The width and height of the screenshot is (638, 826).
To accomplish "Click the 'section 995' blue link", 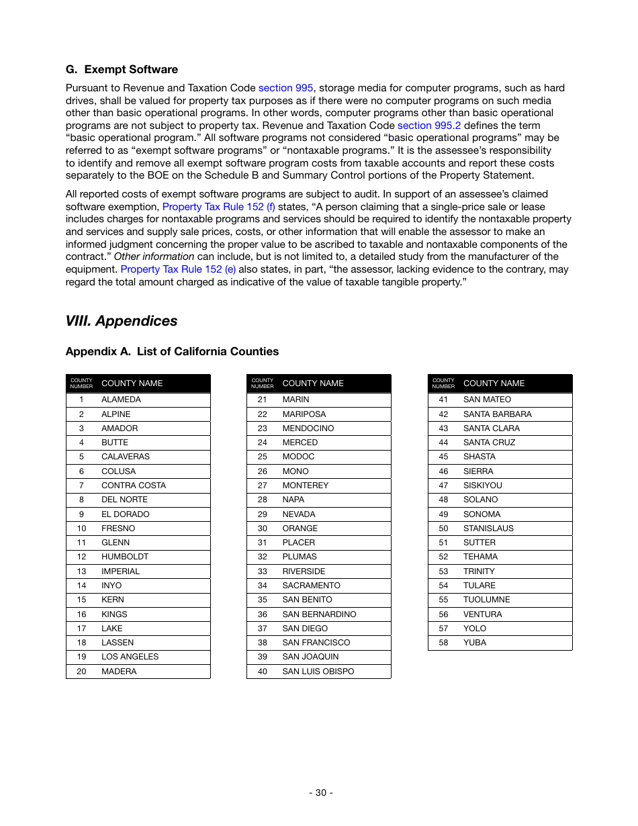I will coord(285,88).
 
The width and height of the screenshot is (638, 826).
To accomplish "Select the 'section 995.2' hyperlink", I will coord(428,126).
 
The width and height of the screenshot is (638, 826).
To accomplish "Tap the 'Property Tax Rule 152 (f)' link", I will coord(218,207).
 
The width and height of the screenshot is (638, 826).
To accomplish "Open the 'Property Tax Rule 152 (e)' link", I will coord(178,269).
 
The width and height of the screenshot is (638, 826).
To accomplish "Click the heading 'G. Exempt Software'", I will coord(122,70).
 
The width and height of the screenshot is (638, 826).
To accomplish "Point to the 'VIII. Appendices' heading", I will coord(122,321).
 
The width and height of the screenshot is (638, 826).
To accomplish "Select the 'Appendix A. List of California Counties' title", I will coord(172,352).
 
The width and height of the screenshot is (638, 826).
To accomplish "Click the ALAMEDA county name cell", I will coord(121,400).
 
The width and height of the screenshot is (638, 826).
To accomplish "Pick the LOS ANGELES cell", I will coord(130,657).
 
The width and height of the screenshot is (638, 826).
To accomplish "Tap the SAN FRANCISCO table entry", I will coord(316,643).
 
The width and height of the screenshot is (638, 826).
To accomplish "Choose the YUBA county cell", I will coord(474,643).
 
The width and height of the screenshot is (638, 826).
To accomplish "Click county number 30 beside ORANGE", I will coord(262,529).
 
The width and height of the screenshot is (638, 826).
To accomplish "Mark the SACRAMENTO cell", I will coord(311,586).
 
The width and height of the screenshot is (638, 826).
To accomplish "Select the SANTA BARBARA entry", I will coord(497,414).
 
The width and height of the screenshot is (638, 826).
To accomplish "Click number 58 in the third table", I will coord(443,643).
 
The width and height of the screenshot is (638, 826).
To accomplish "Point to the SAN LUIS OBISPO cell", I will coord(318,672).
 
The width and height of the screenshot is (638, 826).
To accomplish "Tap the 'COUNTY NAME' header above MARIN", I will coord(312,383).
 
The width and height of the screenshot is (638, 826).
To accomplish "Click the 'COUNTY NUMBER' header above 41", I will coord(443,383).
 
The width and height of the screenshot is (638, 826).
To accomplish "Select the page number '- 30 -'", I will coord(320,792).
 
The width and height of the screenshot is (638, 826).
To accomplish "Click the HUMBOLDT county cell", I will coord(125,557).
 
